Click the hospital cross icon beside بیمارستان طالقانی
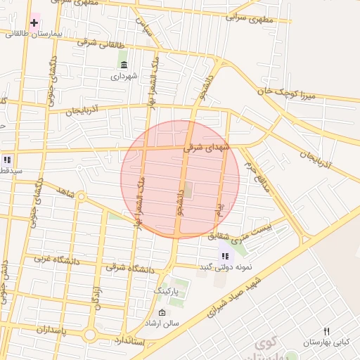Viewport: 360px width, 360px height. coord(34,22)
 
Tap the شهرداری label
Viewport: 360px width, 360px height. coord(125,75)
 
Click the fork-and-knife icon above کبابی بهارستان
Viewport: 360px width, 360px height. coord(326,331)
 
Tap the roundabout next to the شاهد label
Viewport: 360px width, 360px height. coord(81,197)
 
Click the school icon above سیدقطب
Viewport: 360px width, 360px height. coord(8,159)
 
